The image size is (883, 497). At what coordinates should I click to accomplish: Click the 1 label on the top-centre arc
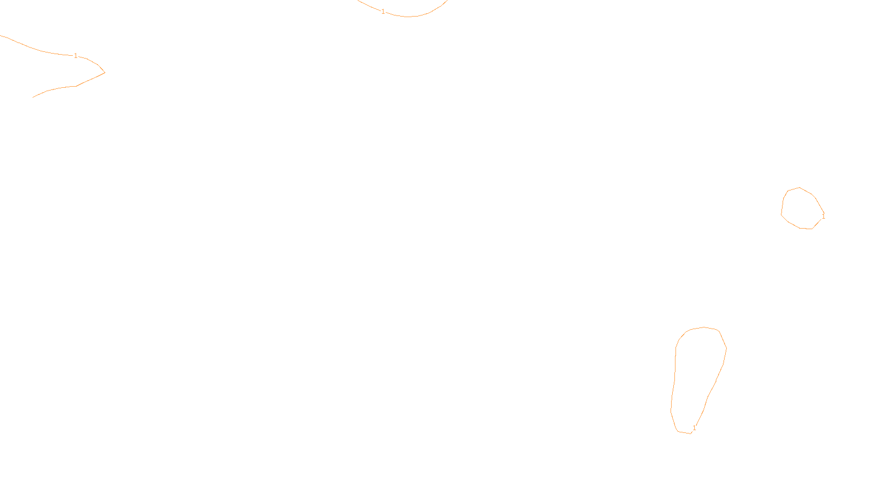coord(383,12)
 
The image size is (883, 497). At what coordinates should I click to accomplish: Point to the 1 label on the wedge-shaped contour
coord(76,56)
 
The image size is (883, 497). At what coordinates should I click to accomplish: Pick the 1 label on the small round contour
coord(823,216)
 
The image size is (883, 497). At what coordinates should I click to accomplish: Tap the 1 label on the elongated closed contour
coord(694,428)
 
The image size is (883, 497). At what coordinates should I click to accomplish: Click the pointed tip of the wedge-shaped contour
coord(104,72)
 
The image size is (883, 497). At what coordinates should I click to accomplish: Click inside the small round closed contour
coord(801,209)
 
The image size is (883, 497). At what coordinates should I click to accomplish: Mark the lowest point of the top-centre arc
coord(408,17)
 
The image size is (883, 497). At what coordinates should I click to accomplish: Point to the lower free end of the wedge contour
coord(33,97)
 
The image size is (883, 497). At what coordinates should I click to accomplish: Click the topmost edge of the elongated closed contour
coord(704,327)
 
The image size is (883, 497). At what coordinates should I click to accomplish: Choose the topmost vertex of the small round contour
coord(799,188)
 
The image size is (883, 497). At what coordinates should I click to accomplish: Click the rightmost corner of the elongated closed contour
coord(726,348)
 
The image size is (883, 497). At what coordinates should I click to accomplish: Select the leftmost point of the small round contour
coord(781,214)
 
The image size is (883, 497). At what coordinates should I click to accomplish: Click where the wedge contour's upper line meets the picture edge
coord(1,35)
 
